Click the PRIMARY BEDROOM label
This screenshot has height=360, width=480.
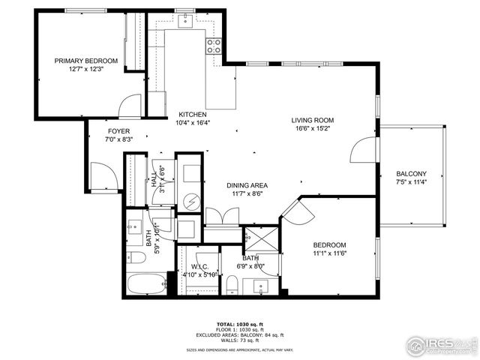pyautogui.click(x=85, y=61)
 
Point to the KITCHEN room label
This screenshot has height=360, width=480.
pyautogui.click(x=192, y=115)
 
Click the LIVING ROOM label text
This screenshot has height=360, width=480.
pyautogui.click(x=313, y=120)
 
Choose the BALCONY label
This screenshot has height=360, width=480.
pyautogui.click(x=411, y=173)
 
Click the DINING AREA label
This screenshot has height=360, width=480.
pyautogui.click(x=247, y=185)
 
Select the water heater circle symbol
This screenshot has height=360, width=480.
pyautogui.click(x=190, y=200)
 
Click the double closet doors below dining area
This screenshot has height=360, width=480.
pyautogui.click(x=221, y=217)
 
